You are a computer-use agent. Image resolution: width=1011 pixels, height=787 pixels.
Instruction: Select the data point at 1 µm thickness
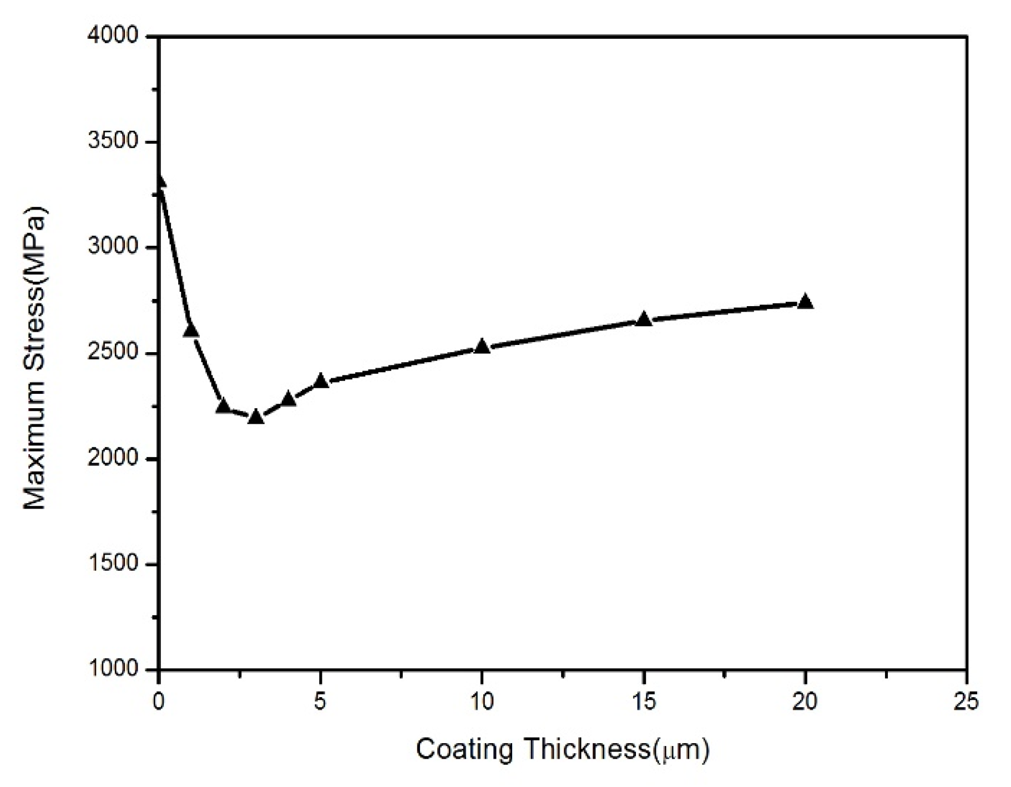[x=191, y=330]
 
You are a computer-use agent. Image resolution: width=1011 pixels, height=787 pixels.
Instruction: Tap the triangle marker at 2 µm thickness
[x=224, y=406]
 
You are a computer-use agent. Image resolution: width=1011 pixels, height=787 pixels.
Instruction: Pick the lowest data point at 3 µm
[x=256, y=417]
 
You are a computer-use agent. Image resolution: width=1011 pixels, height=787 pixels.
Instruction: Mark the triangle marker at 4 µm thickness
[x=288, y=398]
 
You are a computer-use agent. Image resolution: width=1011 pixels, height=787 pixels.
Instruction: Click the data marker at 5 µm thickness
[x=321, y=381]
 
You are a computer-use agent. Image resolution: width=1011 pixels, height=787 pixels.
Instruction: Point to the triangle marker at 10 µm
[x=482, y=347]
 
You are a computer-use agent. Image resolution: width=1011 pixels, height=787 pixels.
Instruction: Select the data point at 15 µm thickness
[x=644, y=319]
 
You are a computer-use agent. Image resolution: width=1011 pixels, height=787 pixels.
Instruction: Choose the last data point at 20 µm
[x=805, y=302]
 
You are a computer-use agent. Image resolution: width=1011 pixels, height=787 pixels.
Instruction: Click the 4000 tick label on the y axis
[x=113, y=35]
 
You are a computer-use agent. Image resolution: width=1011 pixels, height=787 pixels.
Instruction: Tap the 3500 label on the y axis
[x=113, y=141]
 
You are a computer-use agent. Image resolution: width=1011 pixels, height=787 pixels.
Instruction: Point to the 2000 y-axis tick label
[x=113, y=458]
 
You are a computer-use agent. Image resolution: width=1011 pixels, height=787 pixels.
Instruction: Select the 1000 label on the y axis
[x=113, y=669]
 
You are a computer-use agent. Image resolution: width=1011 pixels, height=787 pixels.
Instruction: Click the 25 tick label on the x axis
[x=967, y=702]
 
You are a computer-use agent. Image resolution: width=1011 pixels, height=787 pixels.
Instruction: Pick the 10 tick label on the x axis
[x=482, y=702]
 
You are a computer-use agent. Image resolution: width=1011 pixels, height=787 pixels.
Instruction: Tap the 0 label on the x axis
[x=159, y=702]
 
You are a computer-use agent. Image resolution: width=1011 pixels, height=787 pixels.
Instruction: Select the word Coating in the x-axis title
[x=466, y=750]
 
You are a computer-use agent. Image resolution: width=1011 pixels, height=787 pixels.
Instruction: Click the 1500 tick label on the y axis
[x=113, y=563]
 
